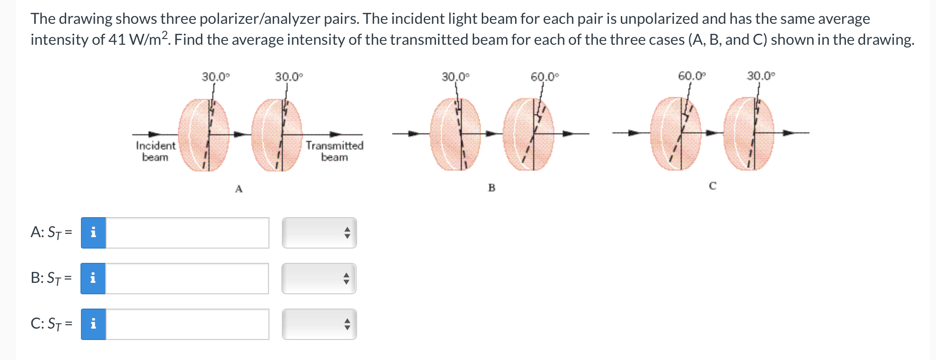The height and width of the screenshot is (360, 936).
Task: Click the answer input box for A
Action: (187, 233)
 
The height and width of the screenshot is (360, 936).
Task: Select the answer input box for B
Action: (187, 279)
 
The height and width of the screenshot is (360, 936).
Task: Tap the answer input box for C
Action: (187, 324)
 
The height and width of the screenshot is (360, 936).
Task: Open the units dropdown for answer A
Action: (319, 233)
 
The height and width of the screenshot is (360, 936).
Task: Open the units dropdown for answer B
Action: (319, 279)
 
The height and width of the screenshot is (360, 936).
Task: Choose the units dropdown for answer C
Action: (319, 324)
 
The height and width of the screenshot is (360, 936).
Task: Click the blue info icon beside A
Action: (93, 233)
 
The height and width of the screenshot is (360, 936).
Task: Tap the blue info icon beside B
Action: (93, 279)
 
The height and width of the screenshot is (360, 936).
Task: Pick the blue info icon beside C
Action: (93, 324)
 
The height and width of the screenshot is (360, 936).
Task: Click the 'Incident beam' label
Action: (155, 151)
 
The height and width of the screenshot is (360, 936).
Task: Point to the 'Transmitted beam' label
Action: (334, 151)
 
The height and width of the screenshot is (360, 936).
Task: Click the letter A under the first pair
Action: (239, 189)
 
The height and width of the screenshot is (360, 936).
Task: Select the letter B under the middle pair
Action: (492, 188)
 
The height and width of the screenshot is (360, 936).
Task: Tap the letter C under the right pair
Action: (712, 186)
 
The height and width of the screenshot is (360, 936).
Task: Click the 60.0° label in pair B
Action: (545, 77)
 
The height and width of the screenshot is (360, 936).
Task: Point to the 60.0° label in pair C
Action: (692, 76)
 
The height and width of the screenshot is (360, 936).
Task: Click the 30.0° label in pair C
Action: (761, 76)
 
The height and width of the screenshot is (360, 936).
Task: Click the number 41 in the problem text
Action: (117, 40)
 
